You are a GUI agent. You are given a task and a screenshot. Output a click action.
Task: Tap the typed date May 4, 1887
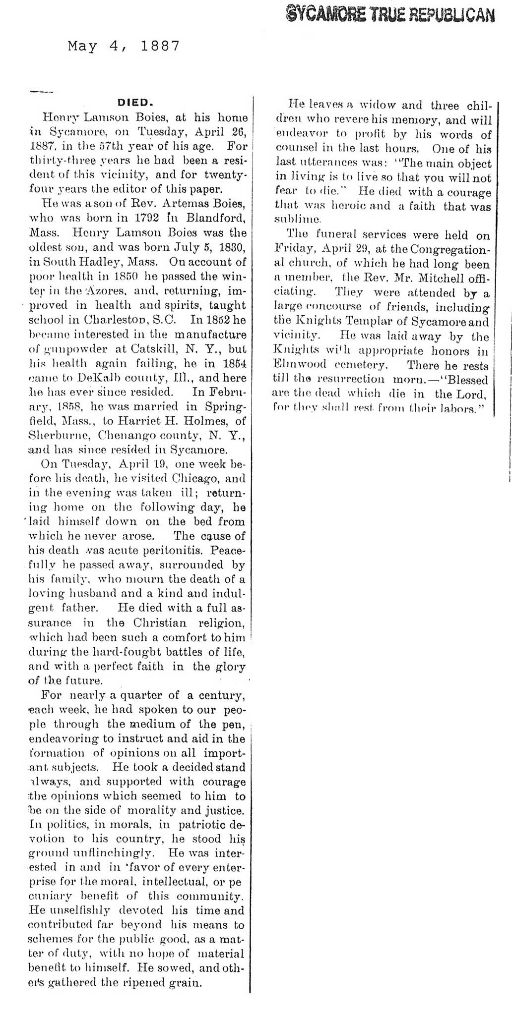123,47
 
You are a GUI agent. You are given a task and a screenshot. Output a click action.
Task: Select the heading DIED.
135,103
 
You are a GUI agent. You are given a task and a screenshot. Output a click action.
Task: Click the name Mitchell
431,279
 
